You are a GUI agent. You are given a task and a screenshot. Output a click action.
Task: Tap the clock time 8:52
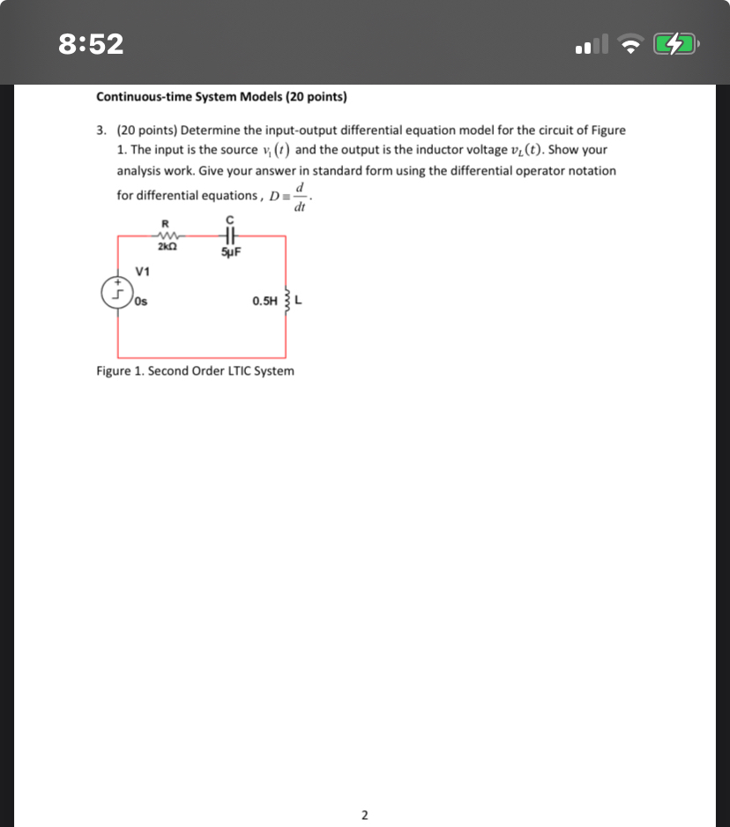[91, 43]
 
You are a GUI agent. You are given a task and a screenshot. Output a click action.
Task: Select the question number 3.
[101, 130]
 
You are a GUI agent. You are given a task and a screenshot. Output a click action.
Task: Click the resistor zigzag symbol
[165, 235]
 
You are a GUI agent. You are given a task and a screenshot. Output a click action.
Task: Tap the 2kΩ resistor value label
[165, 249]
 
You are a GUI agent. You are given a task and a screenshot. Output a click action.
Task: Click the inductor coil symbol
[285, 300]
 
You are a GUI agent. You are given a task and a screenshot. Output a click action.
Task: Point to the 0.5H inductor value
[264, 301]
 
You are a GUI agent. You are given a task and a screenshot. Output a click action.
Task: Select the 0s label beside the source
[142, 301]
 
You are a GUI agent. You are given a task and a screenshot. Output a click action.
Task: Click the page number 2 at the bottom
[365, 814]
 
